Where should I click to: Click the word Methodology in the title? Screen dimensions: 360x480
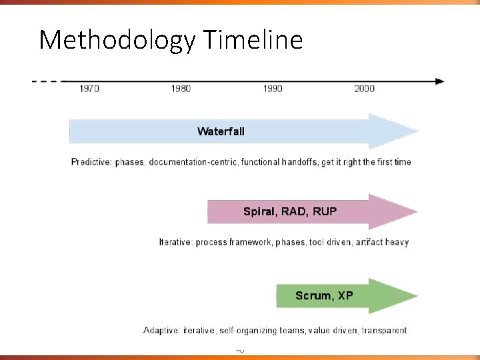pos(116,41)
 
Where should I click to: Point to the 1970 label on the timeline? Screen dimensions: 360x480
pos(89,89)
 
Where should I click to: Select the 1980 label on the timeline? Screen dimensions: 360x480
pos(181,89)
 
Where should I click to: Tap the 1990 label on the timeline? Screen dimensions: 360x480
pos(273,89)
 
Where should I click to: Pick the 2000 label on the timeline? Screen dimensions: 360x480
pos(364,89)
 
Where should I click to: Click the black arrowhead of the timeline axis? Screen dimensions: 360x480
pos(439,81)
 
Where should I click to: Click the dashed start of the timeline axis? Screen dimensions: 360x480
pos(44,81)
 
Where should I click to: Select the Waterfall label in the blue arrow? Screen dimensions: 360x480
pos(221,131)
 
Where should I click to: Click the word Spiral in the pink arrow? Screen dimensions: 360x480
pos(258,212)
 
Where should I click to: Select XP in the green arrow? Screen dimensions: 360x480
pos(345,295)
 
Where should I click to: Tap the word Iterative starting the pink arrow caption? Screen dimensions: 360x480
pos(175,242)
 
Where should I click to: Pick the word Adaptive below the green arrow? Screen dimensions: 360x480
pos(162,330)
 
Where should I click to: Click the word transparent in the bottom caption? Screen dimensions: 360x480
pos(382,330)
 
